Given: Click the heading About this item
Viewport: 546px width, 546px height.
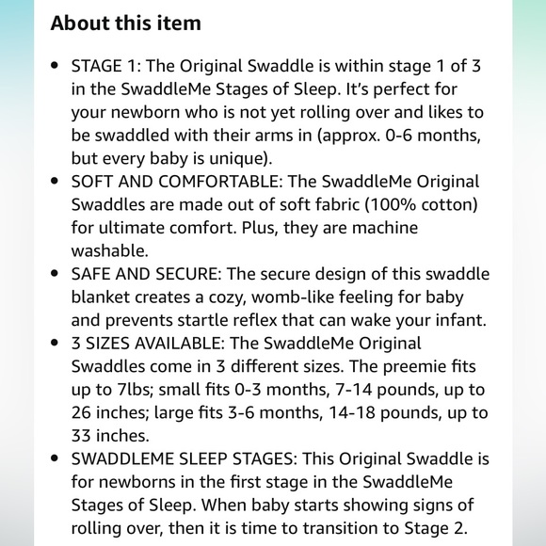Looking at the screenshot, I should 125,23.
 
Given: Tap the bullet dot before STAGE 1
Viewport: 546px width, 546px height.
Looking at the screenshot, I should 56,69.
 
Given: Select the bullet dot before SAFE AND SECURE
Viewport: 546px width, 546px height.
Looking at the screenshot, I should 56,274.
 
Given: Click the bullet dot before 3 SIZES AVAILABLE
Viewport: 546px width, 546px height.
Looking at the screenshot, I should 56,343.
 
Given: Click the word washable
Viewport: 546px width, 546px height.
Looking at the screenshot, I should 110,251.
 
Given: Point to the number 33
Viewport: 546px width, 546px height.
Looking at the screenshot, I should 83,434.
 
